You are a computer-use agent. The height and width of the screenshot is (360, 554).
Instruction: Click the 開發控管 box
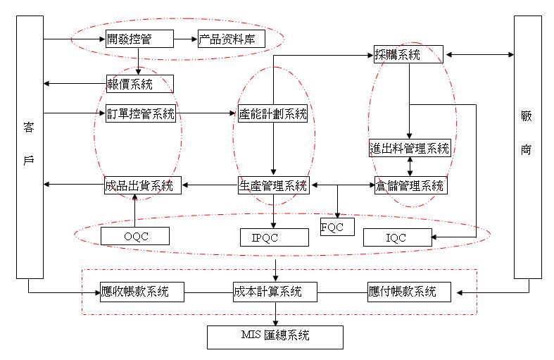139,39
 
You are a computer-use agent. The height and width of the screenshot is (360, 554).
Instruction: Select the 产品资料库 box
231,39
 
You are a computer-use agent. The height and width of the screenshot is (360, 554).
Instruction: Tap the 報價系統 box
139,84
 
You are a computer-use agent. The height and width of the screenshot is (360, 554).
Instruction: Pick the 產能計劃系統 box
272,113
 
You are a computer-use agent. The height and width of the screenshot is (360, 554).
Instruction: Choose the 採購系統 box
408,54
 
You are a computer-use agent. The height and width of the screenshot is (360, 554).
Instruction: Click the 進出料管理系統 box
409,148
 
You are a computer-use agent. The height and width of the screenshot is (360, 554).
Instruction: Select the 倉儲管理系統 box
409,185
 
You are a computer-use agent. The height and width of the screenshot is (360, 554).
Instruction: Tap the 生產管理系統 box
273,186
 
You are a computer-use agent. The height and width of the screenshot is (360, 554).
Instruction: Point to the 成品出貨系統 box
143,186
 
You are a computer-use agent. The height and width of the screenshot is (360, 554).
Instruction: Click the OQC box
135,236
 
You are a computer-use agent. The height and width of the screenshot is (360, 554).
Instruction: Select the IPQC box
274,237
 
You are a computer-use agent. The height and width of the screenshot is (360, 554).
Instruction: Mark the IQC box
397,238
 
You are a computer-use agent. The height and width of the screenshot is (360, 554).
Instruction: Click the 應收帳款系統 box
142,291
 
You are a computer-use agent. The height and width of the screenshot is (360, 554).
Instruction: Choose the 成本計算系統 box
275,291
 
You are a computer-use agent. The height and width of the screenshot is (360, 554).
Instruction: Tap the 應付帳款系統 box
409,291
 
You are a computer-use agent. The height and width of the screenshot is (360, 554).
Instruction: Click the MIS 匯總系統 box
275,337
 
